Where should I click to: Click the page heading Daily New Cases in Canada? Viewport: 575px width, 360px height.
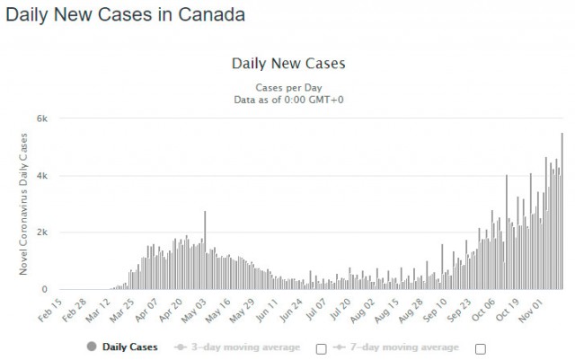[126, 15]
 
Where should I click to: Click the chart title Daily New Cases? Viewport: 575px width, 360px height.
[288, 64]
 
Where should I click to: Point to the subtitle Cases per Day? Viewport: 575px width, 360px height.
[288, 88]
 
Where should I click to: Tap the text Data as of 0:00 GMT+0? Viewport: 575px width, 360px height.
[288, 100]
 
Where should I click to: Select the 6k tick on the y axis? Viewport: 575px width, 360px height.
[42, 119]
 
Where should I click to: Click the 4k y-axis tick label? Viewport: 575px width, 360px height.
[42, 176]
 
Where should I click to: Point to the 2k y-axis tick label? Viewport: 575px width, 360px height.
[42, 233]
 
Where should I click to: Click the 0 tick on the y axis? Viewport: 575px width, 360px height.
[44, 289]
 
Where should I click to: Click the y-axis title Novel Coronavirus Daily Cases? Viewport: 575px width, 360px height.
[23, 204]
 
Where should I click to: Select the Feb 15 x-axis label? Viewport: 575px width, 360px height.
[50, 310]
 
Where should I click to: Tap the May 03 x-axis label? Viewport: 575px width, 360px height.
[194, 311]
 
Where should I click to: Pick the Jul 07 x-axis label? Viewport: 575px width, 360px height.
[315, 310]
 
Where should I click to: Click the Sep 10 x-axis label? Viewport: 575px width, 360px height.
[435, 310]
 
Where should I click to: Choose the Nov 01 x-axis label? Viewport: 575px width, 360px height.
[531, 310]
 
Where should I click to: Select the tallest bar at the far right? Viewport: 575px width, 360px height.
[562, 211]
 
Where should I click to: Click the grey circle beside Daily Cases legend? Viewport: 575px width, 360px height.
[92, 347]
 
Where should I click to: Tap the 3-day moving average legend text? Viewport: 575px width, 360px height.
[245, 347]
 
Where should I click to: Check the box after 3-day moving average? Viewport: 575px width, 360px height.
[322, 349]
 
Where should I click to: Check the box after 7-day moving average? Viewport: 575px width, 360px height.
[481, 349]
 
